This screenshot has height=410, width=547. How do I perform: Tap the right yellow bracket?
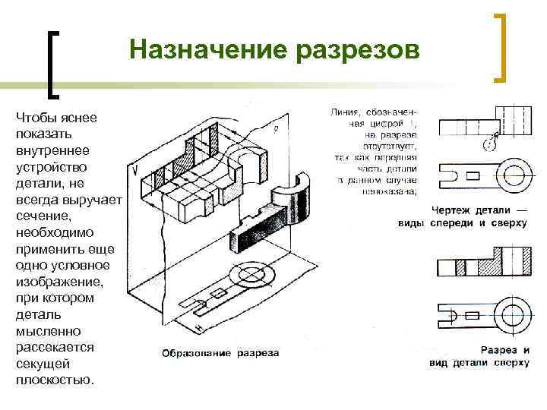pyautogui.click(x=502, y=46)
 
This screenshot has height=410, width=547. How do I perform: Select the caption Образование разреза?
pyautogui.click(x=220, y=352)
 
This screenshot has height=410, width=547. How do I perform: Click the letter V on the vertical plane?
pyautogui.click(x=134, y=170)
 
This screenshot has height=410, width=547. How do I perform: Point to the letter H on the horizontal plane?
pyautogui.click(x=198, y=327)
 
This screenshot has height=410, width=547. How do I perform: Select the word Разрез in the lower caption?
pyautogui.click(x=499, y=350)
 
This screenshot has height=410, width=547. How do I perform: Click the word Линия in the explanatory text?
pyautogui.click(x=346, y=112)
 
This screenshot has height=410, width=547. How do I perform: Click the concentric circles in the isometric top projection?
pyautogui.click(x=250, y=275)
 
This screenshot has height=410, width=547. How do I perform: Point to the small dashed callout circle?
pyautogui.click(x=490, y=141)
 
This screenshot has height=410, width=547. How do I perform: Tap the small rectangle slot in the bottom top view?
pyautogui.click(x=472, y=312)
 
